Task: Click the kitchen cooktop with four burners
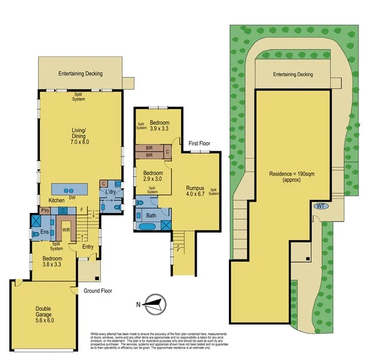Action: (x=62, y=211)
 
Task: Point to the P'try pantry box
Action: (x=45, y=211)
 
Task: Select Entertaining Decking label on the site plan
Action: (x=293, y=74)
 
